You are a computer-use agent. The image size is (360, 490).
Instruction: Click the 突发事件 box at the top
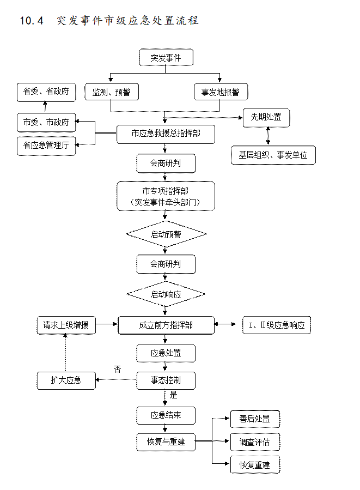166,58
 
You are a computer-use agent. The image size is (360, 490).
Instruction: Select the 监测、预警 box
111,92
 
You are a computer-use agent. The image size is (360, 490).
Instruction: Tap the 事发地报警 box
221,92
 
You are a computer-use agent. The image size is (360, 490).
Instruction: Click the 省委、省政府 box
46,92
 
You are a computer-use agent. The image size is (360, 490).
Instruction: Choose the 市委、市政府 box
46,123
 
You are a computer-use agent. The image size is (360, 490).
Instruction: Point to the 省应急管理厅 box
46,146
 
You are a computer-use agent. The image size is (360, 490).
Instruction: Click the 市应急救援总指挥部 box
166,134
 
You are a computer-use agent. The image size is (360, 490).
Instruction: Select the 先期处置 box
266,117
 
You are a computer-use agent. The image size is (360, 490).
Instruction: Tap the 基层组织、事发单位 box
273,155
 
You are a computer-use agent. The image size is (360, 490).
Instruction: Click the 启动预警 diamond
166,234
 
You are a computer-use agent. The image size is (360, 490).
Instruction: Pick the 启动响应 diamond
166,294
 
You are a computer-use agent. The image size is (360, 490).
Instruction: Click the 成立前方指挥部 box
166,325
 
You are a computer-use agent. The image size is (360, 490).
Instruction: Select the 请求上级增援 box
66,325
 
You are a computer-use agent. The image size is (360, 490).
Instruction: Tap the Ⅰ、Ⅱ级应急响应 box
276,325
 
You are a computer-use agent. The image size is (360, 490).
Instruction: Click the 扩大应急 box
66,380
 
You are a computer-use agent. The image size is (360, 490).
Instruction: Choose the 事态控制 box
166,380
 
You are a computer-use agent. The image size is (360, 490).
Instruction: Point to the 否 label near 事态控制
117,369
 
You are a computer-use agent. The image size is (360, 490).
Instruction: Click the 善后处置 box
254,419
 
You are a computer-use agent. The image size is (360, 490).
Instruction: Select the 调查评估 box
254,441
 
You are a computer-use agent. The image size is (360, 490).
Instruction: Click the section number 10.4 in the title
31,21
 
